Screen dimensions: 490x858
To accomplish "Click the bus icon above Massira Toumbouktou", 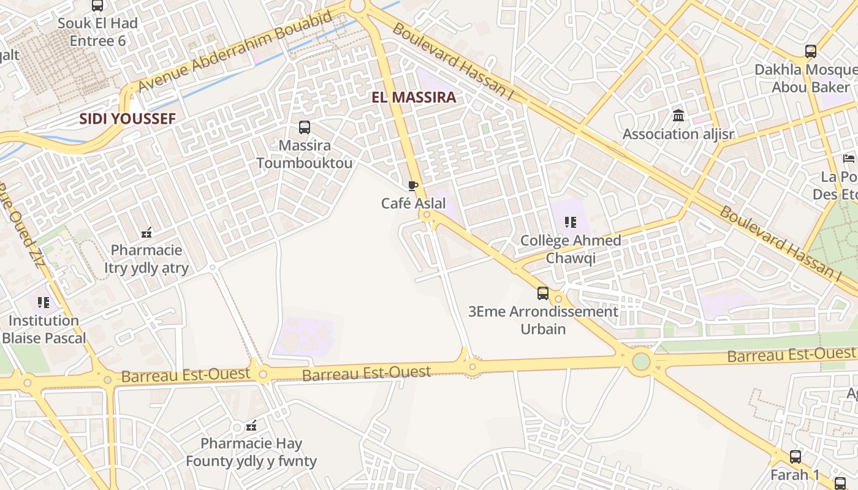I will tap(305, 127).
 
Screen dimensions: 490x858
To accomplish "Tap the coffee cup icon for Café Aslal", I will tap(413, 186).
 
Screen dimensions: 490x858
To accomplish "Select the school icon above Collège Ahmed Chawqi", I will tap(571, 222).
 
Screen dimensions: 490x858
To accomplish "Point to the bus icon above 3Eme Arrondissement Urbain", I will tap(543, 293).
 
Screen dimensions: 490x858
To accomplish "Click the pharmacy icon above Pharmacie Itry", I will tap(146, 233).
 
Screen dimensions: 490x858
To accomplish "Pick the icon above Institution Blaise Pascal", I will tap(43, 303).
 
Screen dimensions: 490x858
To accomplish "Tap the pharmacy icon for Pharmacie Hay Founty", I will tap(251, 426).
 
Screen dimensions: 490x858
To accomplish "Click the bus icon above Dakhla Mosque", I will tap(811, 51).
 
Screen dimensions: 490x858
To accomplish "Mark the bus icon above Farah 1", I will tap(795, 457).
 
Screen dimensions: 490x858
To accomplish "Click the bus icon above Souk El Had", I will tap(97, 6).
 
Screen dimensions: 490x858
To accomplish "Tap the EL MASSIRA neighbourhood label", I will tap(414, 97).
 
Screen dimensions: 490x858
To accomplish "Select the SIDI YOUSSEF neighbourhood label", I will tap(127, 119).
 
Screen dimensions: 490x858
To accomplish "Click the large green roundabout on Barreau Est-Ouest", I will tap(641, 361).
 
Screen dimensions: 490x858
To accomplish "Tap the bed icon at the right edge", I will tap(849, 159).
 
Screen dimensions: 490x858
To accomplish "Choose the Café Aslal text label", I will tap(414, 203).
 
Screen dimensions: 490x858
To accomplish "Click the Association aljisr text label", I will tap(678, 134).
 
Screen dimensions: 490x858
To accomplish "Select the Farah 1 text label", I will tap(795, 475).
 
